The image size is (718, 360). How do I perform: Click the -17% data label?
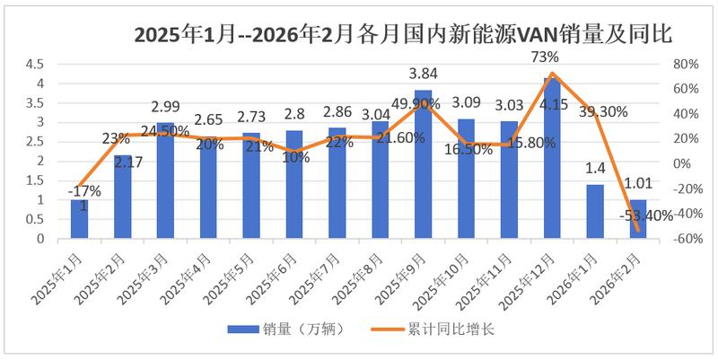(86, 190)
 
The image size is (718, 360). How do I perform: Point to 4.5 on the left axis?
(35, 64)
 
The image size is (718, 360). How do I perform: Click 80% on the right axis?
(682, 64)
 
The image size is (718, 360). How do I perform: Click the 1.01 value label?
(639, 186)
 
